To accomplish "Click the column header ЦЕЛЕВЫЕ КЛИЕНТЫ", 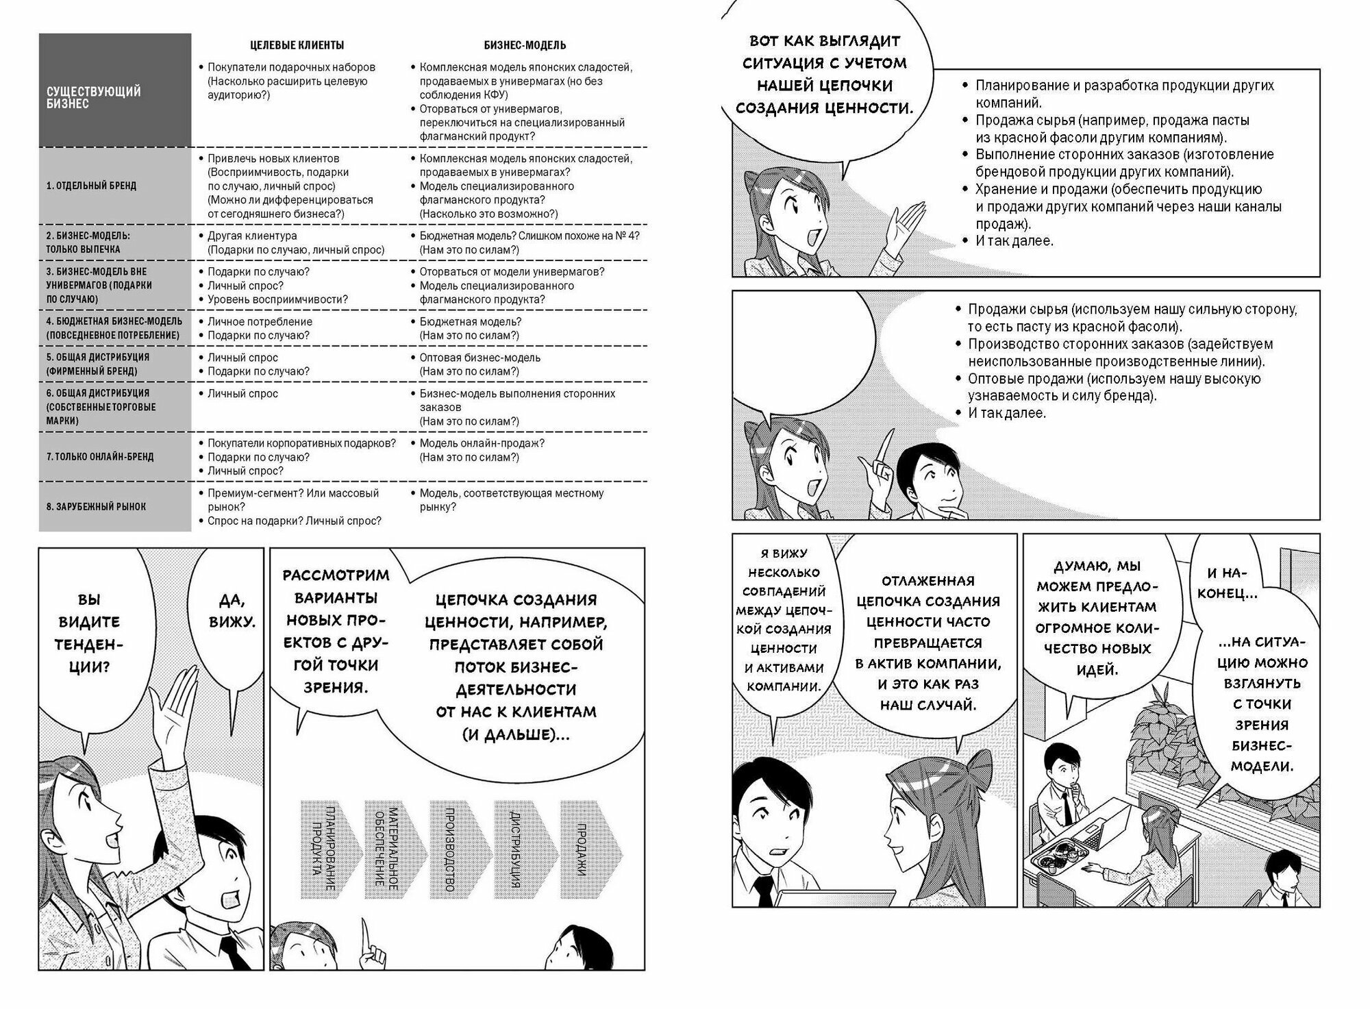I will (296, 45).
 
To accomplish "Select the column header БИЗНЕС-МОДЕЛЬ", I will (525, 45).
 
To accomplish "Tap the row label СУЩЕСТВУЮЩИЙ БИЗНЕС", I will (93, 97).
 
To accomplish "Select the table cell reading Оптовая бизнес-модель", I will (480, 358).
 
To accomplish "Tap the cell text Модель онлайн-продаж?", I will (482, 443).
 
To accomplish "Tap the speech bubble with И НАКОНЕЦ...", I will (1231, 582).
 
